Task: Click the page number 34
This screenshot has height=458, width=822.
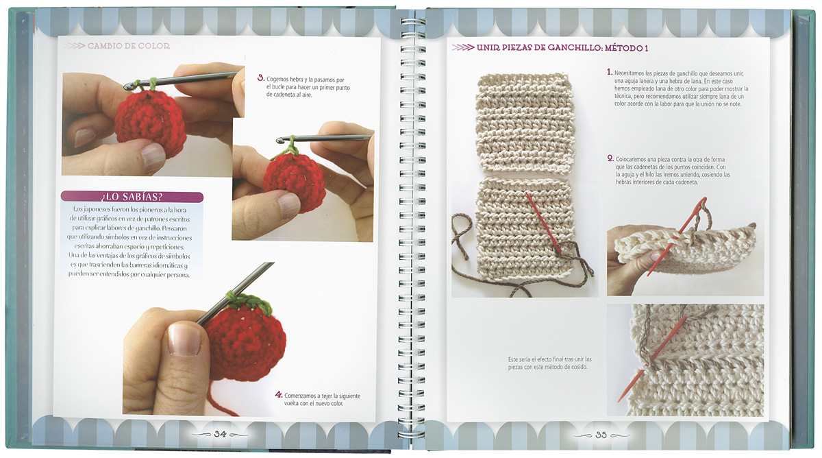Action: [x=220, y=434]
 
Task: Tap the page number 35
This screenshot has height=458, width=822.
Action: [x=601, y=435]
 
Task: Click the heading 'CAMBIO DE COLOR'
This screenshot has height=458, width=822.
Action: [x=129, y=46]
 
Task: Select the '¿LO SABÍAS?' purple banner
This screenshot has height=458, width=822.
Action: [x=132, y=197]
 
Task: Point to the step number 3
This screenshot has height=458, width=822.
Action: [x=261, y=78]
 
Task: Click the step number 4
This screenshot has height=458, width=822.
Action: [x=279, y=395]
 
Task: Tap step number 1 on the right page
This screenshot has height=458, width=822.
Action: [x=610, y=72]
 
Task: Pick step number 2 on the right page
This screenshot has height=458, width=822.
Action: [x=610, y=158]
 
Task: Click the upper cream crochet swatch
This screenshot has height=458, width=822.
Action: [x=525, y=123]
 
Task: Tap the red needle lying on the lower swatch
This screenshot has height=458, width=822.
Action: [x=543, y=224]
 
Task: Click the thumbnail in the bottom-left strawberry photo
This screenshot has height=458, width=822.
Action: [x=184, y=339]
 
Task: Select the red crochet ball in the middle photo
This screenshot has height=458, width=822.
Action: [x=295, y=183]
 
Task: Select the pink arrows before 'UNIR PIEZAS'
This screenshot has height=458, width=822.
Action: [x=463, y=48]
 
